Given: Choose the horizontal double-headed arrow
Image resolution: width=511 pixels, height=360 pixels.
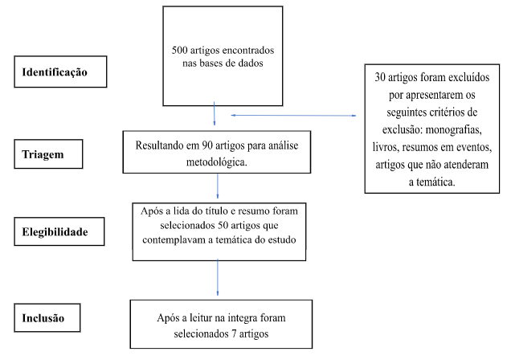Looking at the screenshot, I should [292, 116].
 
